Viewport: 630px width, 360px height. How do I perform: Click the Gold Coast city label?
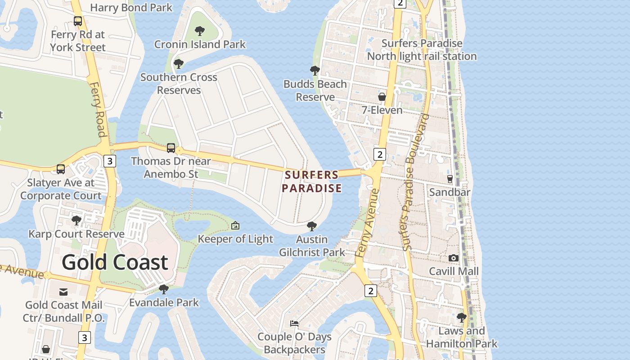[x=115, y=262]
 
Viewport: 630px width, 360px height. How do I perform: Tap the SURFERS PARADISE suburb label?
[x=312, y=181]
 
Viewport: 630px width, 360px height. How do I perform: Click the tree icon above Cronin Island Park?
[x=200, y=31]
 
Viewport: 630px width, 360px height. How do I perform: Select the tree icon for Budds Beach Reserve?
[x=315, y=71]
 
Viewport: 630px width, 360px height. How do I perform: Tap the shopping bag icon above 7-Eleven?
[x=382, y=97]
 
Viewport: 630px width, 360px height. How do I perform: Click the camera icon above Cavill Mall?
[x=454, y=258]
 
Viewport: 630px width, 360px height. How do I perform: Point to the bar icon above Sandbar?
[x=450, y=179]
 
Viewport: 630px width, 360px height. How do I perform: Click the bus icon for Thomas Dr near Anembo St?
[x=171, y=148]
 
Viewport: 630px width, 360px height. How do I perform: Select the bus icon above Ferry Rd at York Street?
[x=78, y=21]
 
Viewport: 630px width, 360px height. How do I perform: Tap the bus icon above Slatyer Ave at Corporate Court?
[x=60, y=169]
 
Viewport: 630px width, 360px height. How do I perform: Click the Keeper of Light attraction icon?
[x=235, y=225]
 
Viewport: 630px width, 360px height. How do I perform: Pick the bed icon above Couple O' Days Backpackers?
[x=294, y=323]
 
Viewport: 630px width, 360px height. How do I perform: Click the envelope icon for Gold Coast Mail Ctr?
[x=63, y=292]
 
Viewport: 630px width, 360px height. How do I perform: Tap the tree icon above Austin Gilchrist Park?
[x=311, y=226]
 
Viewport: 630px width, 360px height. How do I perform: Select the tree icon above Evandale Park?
[x=164, y=289]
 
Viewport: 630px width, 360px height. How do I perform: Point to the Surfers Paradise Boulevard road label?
[x=415, y=182]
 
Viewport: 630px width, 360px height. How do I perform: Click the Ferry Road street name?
[x=98, y=109]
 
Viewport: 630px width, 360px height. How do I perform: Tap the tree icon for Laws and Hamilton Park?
[x=461, y=318]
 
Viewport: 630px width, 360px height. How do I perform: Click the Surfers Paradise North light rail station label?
[x=422, y=50]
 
